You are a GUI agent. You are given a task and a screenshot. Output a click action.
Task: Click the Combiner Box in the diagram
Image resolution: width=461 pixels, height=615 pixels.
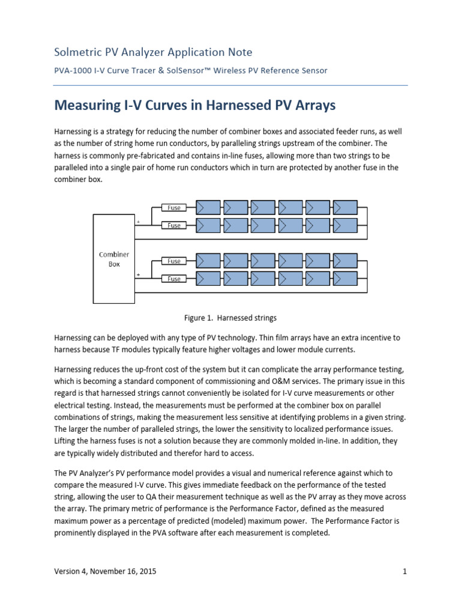click(114, 259)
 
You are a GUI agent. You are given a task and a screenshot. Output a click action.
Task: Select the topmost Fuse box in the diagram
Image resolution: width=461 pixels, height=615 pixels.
click(174, 208)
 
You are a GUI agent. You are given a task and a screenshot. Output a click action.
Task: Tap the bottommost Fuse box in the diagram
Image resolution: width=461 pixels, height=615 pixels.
click(174, 279)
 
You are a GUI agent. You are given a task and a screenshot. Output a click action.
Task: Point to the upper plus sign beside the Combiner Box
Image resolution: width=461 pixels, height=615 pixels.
click(139, 222)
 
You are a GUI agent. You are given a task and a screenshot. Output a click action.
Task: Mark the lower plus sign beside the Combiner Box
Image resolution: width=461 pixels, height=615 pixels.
click(139, 275)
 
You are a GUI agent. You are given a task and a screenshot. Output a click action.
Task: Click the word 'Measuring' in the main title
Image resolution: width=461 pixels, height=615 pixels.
click(88, 106)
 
